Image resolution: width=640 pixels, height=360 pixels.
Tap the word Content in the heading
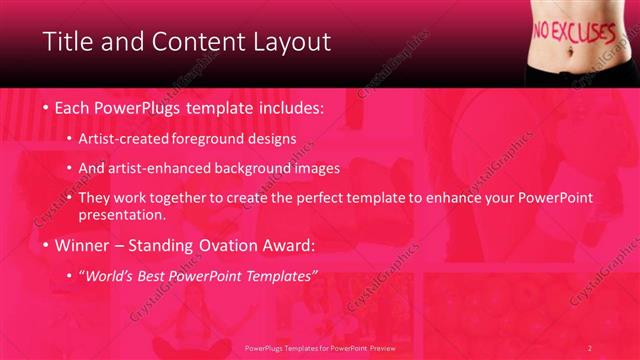(x=192, y=42)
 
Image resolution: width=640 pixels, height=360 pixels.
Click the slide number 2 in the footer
(x=590, y=348)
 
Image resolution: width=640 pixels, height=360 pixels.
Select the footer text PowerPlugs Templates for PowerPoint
(x=315, y=348)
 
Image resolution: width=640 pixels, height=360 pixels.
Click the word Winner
(x=84, y=243)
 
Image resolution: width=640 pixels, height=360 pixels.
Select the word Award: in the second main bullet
(x=289, y=243)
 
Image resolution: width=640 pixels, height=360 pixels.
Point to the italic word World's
(x=110, y=274)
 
